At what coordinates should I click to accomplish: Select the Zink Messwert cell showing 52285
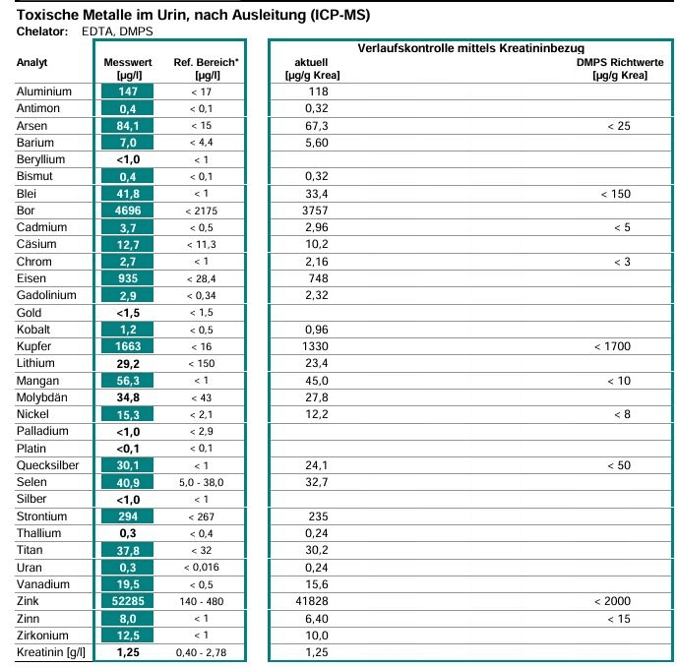(x=127, y=601)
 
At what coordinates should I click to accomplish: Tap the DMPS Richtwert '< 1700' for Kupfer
(x=611, y=346)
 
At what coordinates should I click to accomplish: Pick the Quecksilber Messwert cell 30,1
(x=127, y=465)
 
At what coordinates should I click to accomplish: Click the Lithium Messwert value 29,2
(x=127, y=363)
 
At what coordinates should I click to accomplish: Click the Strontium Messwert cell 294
(x=127, y=516)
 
